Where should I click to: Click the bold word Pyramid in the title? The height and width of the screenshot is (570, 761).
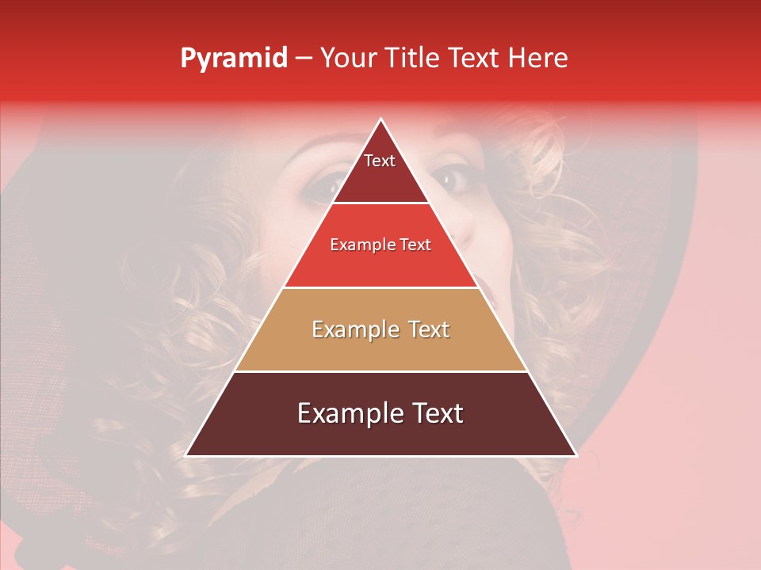[233, 58]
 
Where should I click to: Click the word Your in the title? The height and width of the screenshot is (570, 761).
[347, 58]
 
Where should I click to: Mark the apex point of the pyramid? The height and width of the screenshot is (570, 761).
[380, 120]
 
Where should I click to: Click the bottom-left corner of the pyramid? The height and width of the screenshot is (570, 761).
[186, 455]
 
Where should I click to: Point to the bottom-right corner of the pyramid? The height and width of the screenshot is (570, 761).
[576, 455]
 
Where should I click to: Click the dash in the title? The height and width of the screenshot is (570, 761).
[304, 59]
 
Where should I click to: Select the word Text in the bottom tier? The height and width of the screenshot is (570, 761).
[435, 413]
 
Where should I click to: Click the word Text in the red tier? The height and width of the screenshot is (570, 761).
[415, 245]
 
